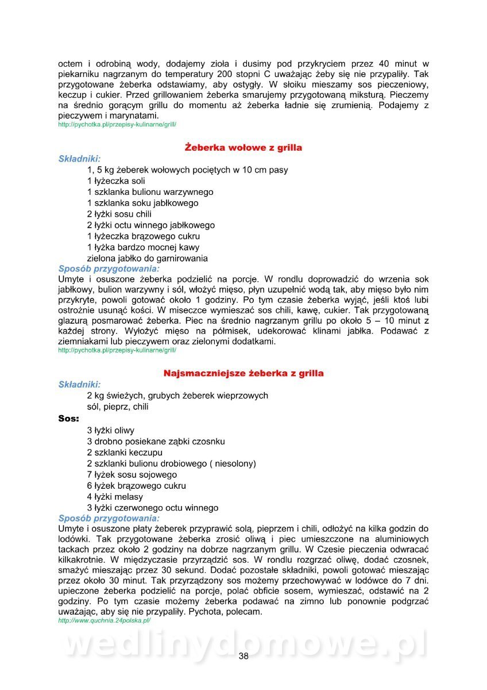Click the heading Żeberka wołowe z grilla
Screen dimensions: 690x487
243,148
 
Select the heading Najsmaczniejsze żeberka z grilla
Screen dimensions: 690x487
243,373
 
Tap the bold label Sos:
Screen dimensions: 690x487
69,419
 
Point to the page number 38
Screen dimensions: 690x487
243,657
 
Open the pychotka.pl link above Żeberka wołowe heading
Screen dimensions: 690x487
117,124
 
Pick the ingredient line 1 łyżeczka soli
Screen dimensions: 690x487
116,181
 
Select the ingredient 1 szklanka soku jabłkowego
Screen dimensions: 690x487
142,203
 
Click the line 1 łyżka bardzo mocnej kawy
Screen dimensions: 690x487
143,247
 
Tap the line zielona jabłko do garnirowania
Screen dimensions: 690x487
147,258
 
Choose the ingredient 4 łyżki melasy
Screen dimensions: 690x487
115,497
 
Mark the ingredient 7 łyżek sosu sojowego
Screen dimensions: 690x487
132,475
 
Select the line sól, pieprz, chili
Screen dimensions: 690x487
118,407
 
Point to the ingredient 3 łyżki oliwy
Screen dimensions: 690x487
111,430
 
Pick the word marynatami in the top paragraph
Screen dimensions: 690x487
133,116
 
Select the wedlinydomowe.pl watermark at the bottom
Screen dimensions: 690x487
243,643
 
